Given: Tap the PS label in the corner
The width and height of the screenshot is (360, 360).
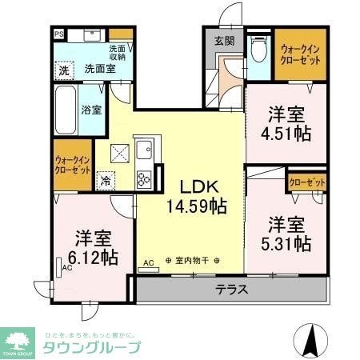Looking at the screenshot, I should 59,34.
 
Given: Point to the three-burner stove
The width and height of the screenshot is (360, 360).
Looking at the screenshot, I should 145,178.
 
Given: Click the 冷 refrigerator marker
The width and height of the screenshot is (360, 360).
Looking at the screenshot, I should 106,182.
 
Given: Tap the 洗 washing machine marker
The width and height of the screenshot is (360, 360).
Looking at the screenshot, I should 64,70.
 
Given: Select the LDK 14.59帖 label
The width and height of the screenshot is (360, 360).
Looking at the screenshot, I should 197,196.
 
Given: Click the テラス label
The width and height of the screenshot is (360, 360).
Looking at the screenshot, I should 232,289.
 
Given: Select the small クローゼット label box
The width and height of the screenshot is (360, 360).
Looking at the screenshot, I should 307,183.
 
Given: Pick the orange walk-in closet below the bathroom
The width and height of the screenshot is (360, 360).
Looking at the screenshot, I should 72,164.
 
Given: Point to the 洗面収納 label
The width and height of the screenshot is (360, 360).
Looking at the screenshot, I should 118,53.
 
